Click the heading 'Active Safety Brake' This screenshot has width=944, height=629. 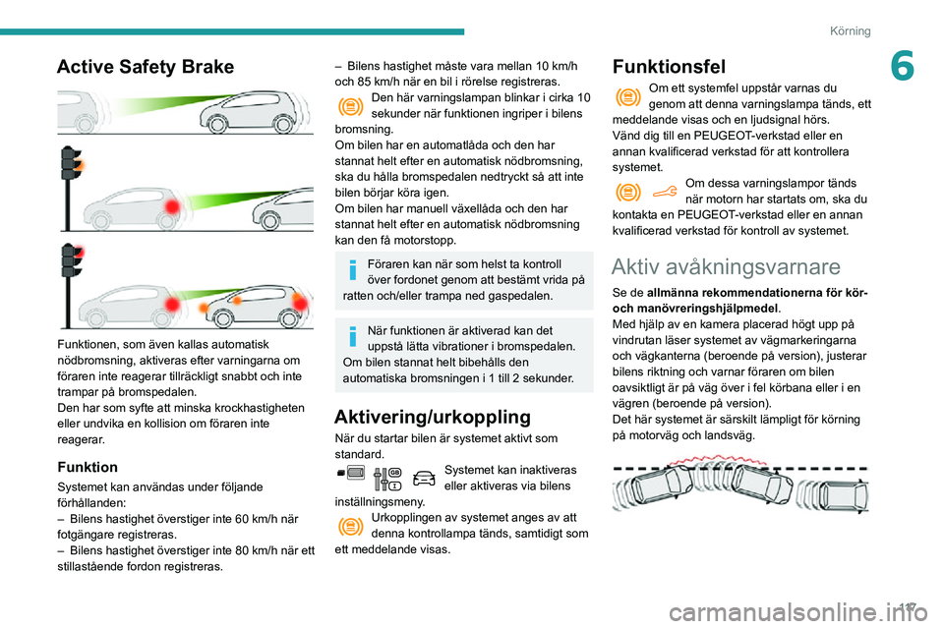click(x=146, y=67)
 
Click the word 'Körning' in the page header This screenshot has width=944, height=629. click(x=851, y=30)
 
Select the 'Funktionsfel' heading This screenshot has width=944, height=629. click(x=669, y=67)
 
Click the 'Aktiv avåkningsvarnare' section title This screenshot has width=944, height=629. click(x=726, y=265)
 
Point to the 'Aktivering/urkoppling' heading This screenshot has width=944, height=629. click(x=433, y=416)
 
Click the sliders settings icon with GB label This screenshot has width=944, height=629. click(x=387, y=478)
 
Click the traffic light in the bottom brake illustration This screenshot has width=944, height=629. click(x=69, y=263)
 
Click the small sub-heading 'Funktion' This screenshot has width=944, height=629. click(x=88, y=467)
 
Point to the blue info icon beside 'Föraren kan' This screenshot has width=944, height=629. click(x=352, y=271)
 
